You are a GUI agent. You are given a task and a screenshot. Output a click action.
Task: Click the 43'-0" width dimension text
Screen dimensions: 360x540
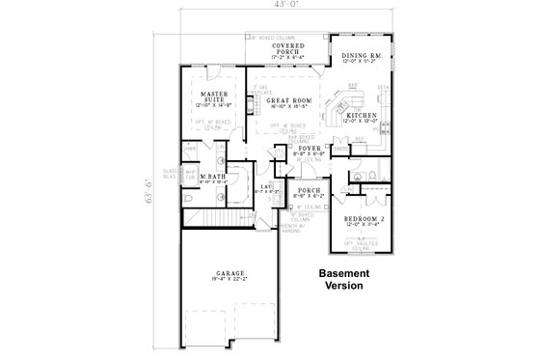[268, 8]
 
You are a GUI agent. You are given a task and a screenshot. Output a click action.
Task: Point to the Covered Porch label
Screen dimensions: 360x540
[290, 48]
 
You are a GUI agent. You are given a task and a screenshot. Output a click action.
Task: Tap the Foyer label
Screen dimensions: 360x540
[309, 149]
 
